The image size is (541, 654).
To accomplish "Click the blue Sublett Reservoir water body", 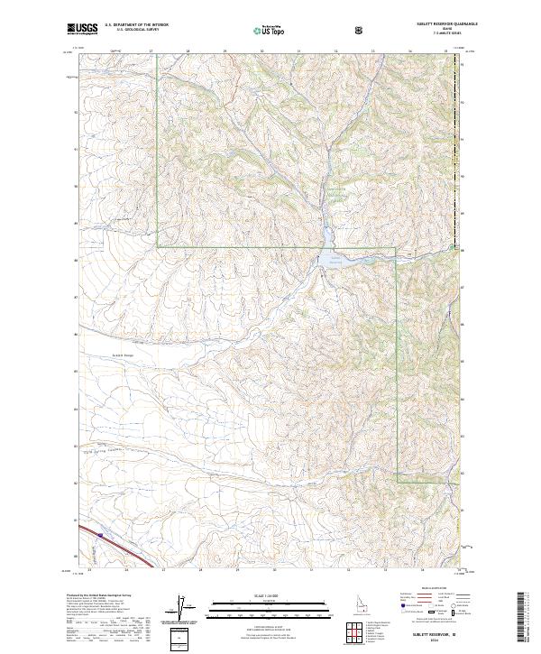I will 326,260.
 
